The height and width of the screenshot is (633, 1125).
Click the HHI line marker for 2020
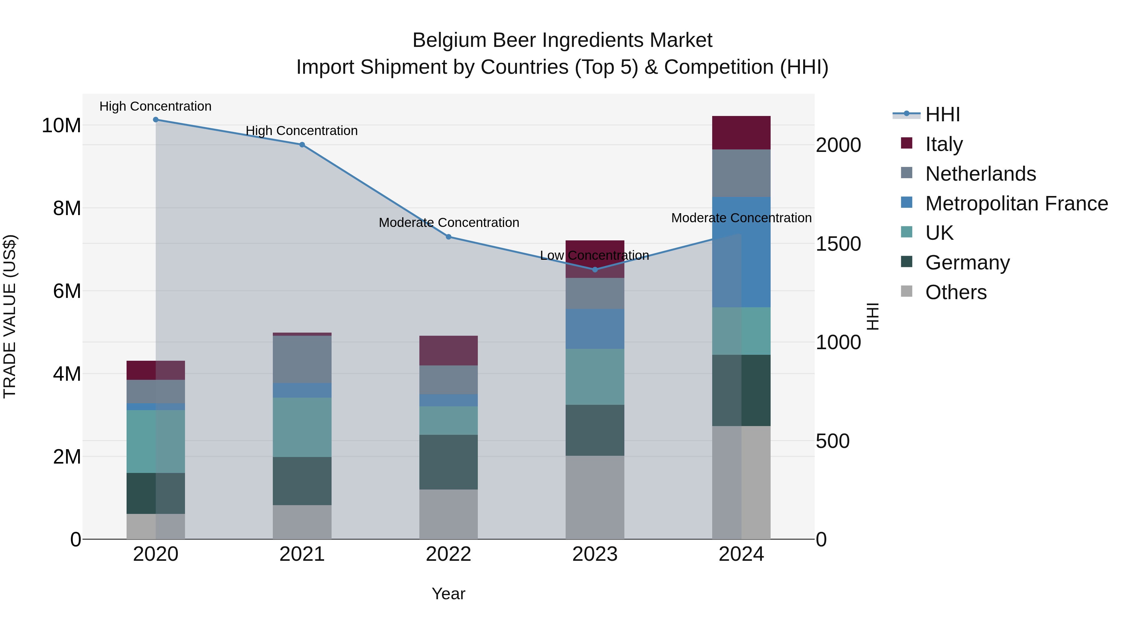click(x=156, y=120)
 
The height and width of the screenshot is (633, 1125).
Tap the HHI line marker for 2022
click(x=448, y=237)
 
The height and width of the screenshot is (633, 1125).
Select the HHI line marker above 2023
click(x=595, y=269)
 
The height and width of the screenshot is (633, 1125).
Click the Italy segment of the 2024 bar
click(x=741, y=133)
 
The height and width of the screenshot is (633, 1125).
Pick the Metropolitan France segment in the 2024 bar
click(x=741, y=252)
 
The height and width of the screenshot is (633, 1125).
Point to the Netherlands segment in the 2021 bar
click(x=302, y=359)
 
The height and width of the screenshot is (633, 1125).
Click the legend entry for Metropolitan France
click(x=1016, y=203)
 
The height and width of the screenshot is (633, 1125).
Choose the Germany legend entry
click(x=967, y=263)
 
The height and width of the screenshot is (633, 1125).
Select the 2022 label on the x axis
click(x=448, y=554)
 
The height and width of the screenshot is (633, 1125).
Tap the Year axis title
click(x=448, y=594)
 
